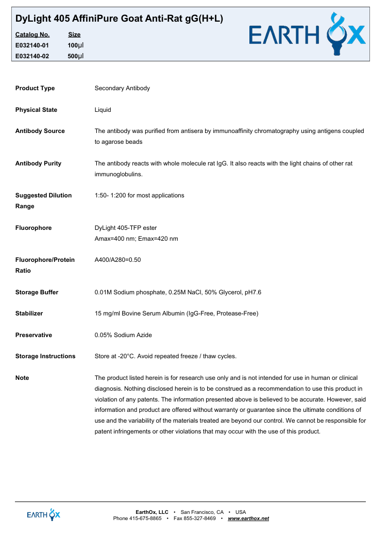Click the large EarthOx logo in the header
click(x=308, y=35)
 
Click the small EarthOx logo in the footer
click(x=44, y=514)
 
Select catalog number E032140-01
click(x=32, y=45)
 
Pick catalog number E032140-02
click(x=32, y=56)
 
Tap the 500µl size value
click(x=76, y=56)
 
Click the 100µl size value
click(x=76, y=45)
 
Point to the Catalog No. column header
click(x=32, y=35)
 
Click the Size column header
click(x=74, y=35)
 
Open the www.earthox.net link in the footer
click(x=248, y=518)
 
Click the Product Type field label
click(x=35, y=88)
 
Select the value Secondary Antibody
click(x=122, y=88)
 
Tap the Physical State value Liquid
click(x=103, y=110)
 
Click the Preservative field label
click(x=33, y=335)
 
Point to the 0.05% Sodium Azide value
click(x=123, y=335)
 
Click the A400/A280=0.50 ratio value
click(x=117, y=260)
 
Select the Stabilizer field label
click(x=29, y=313)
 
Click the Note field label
click(x=22, y=378)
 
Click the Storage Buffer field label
click(x=37, y=292)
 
